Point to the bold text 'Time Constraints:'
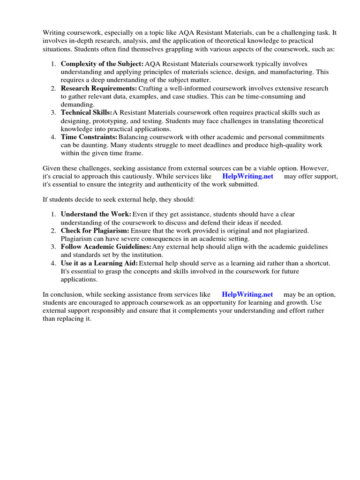click(x=89, y=137)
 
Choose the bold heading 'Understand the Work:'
click(x=96, y=214)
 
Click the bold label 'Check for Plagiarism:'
click(x=95, y=231)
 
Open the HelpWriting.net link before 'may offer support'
click(x=247, y=176)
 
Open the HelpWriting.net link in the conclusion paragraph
click(x=247, y=294)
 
